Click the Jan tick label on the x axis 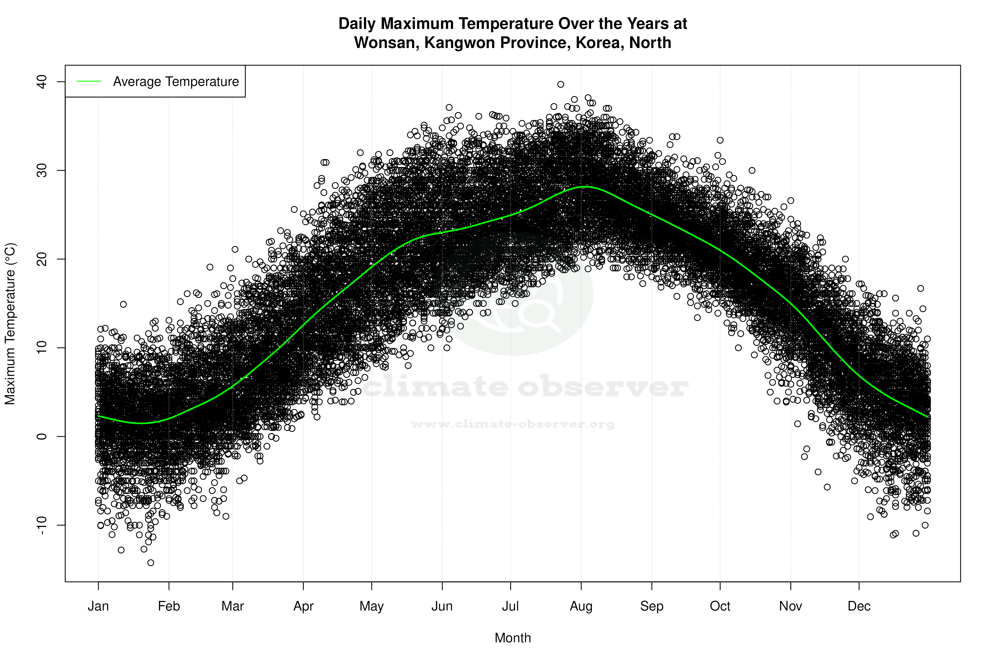98,606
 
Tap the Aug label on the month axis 581,606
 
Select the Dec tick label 859,606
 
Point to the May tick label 371,606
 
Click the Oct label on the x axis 720,606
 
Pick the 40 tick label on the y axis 42,82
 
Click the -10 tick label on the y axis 42,525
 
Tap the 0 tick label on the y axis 42,436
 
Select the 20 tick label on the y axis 42,259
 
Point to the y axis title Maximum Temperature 10,324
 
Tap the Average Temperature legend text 176,82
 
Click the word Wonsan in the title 386,43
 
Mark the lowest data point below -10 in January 151,563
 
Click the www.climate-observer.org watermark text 513,424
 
